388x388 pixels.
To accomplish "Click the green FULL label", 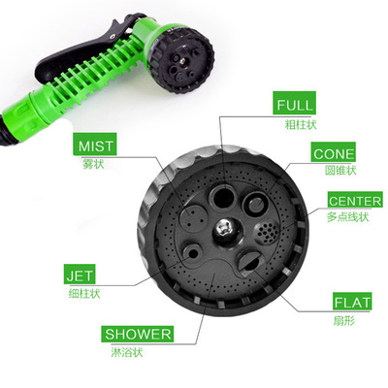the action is (x=294, y=103).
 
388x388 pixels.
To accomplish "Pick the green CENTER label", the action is (x=355, y=201).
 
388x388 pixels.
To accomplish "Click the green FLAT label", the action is (x=352, y=302).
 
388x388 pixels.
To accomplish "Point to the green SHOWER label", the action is (x=138, y=334).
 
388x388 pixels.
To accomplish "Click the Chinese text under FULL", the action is (x=301, y=124).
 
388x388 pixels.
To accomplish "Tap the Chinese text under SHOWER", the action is (x=127, y=352).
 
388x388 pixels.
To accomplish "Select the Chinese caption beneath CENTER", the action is (x=348, y=217).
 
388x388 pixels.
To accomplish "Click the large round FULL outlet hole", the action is (x=223, y=197).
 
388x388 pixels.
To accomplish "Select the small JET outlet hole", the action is (x=193, y=253).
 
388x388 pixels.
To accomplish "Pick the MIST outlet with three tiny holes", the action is (x=194, y=217).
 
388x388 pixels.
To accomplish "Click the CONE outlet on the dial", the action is (x=256, y=204).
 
